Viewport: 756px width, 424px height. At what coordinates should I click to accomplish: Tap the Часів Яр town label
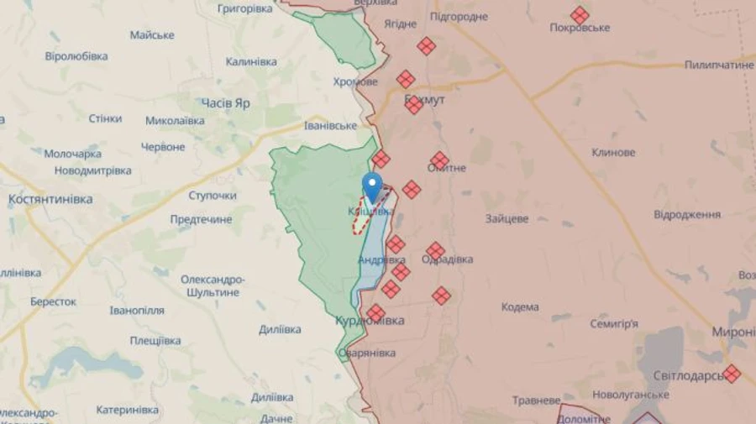coord(225,102)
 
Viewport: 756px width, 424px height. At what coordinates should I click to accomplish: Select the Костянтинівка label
coord(50,199)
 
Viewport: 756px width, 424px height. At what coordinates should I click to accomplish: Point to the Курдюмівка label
coord(370,321)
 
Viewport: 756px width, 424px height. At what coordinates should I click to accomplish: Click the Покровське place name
coord(580,28)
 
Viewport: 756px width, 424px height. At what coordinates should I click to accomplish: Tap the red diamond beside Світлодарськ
coord(732,374)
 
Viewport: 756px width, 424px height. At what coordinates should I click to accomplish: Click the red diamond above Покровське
coord(580,15)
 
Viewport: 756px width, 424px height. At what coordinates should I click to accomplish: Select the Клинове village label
coord(612,153)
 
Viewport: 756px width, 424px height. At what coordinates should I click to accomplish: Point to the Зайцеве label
coord(507,218)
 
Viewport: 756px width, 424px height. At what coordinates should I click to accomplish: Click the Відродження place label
coord(686,215)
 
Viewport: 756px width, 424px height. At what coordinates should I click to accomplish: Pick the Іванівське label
coord(330,125)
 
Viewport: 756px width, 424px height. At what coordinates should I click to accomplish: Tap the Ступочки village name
coord(212,196)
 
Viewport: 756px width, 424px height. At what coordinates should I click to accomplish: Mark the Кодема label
coord(520,307)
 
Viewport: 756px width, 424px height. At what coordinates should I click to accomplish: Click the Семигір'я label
coord(614,323)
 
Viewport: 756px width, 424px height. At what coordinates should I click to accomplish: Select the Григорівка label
coord(244,8)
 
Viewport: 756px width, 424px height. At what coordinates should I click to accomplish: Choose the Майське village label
coord(152,35)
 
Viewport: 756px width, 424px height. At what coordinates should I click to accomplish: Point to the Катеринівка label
coord(127,410)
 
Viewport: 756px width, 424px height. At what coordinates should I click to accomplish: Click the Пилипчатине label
coord(719,65)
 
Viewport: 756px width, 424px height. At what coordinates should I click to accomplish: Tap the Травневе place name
coord(537,400)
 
